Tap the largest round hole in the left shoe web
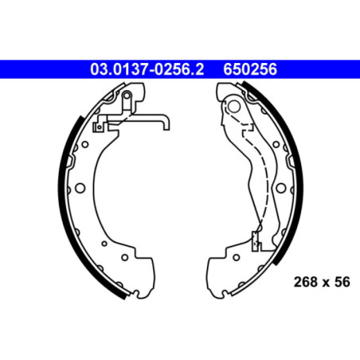pyautogui.click(x=80, y=189)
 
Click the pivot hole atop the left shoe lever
pyautogui.click(x=127, y=95)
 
